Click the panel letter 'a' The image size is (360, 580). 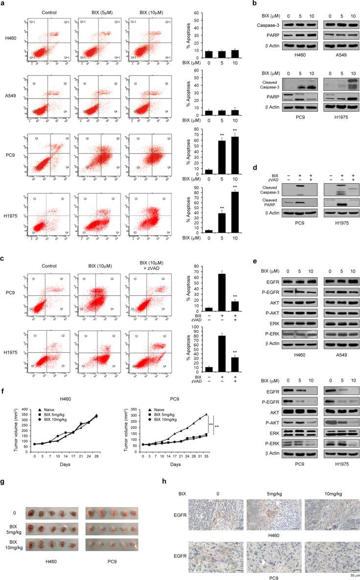pyautogui.click(x=4, y=4)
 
